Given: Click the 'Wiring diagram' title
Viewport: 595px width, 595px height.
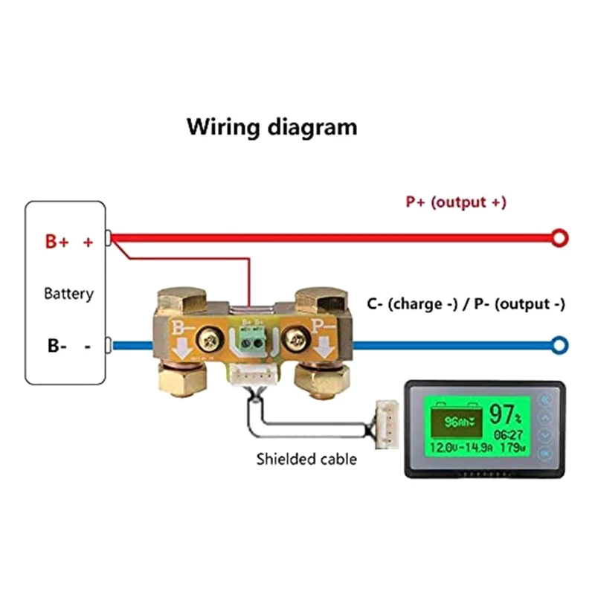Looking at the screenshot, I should [x=271, y=126].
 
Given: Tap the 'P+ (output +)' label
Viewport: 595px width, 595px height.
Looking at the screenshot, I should [x=456, y=202].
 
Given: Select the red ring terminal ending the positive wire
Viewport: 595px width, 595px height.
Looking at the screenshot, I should [x=559, y=238].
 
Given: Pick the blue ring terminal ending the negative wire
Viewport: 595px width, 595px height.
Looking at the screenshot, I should [x=559, y=344].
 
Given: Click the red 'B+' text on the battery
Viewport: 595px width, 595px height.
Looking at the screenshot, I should [x=57, y=242].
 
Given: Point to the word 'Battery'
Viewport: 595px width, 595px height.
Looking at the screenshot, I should [x=69, y=293].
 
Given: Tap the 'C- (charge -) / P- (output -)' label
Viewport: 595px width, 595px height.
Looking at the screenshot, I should [x=466, y=304].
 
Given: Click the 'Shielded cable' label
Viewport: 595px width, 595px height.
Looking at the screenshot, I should [x=306, y=459].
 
